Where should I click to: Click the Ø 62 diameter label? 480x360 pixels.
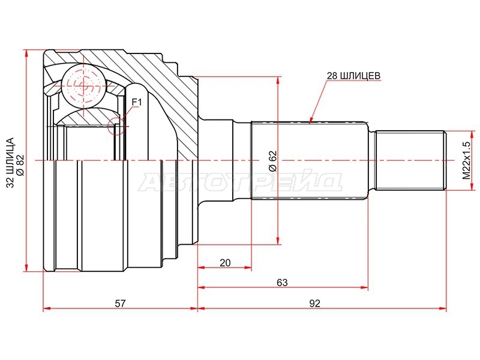click(273, 161)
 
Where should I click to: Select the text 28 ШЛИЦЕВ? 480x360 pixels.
click(353, 76)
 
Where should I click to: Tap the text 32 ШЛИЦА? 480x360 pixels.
click(10, 163)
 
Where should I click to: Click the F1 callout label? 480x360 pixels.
click(137, 102)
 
